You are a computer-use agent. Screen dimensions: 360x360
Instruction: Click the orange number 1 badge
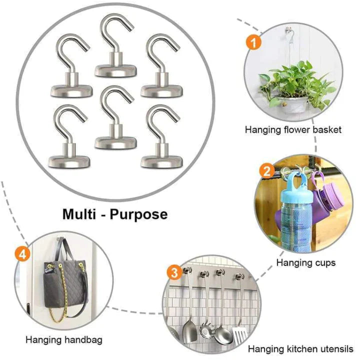coord(253,42)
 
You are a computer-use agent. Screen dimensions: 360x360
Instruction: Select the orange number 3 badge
coord(173,273)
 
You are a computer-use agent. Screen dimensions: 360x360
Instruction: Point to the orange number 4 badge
coord(21,254)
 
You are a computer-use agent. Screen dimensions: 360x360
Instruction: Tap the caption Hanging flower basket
coord(293,130)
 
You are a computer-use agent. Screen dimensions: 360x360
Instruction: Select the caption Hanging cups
coord(305,262)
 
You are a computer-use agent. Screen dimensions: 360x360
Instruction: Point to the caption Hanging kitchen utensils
coord(301,348)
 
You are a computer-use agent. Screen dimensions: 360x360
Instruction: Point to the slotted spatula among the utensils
coord(239,332)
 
